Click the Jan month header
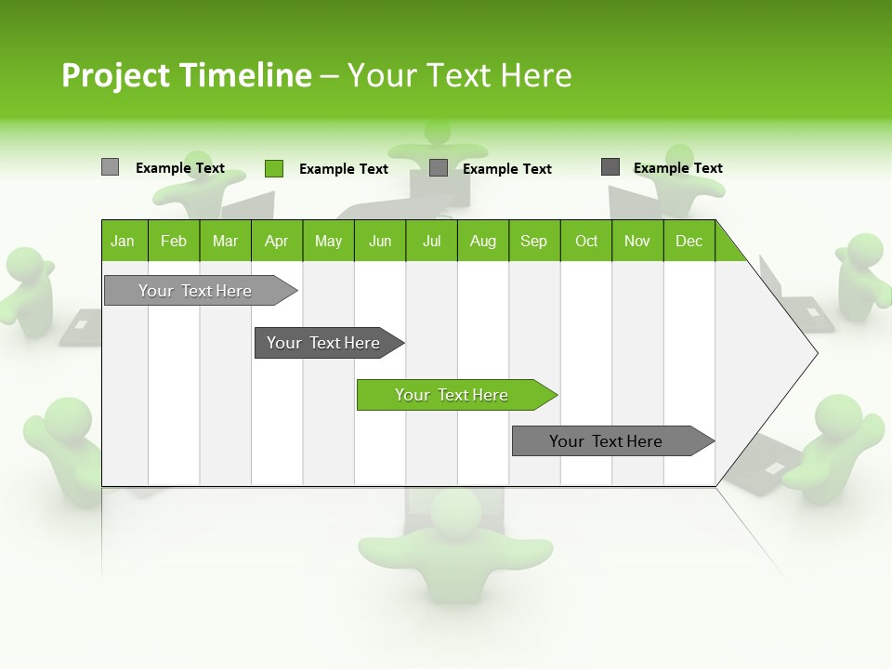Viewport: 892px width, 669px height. click(124, 241)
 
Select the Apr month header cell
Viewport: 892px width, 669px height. click(276, 241)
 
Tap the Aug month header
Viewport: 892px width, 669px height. click(482, 241)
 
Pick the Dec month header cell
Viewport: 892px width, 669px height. click(689, 241)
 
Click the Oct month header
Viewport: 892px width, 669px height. click(585, 241)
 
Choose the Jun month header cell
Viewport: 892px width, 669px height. click(379, 241)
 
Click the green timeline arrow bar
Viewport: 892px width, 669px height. click(456, 395)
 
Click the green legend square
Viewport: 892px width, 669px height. click(273, 168)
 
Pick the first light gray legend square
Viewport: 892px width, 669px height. click(110, 167)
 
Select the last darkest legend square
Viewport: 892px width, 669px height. click(610, 167)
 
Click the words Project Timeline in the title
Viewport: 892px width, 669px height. click(186, 75)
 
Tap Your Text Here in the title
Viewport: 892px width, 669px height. click(459, 75)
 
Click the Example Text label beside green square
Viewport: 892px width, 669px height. click(343, 169)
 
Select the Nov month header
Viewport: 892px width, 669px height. click(636, 241)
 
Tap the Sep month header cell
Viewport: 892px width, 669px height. click(533, 241)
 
